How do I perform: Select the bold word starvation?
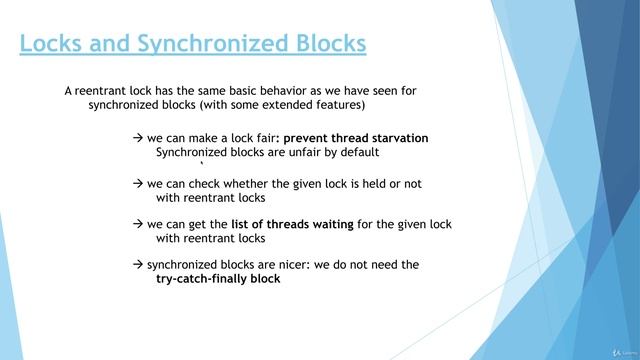point(395,138)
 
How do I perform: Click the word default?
point(357,153)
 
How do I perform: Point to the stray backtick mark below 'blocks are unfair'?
point(202,165)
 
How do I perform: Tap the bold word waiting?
point(327,224)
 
